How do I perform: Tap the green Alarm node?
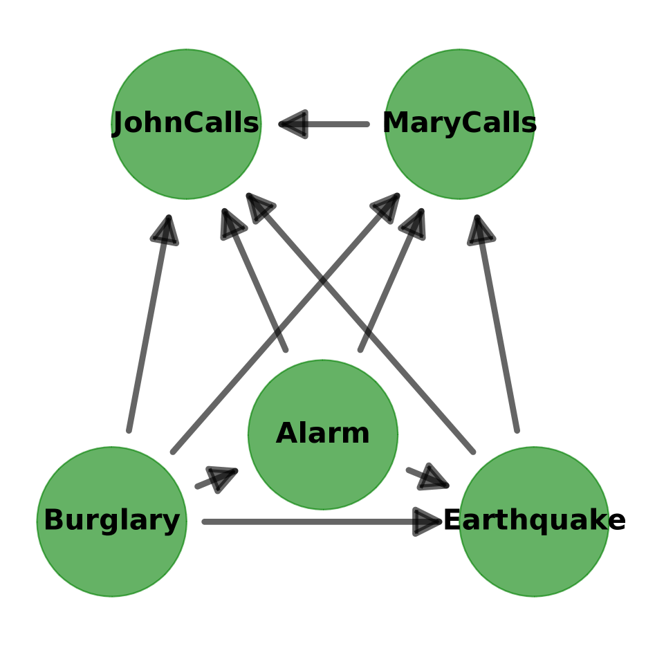pyautogui.click(x=323, y=470)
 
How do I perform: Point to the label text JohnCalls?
pyautogui.click(x=186, y=124)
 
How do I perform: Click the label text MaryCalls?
pyautogui.click(x=459, y=124)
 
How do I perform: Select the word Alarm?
pyautogui.click(x=323, y=434)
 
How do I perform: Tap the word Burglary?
pyautogui.click(x=111, y=521)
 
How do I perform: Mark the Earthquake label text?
pyautogui.click(x=534, y=521)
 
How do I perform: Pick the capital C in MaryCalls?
pyautogui.click(x=472, y=124)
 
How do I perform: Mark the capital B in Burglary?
pyautogui.click(x=53, y=521)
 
